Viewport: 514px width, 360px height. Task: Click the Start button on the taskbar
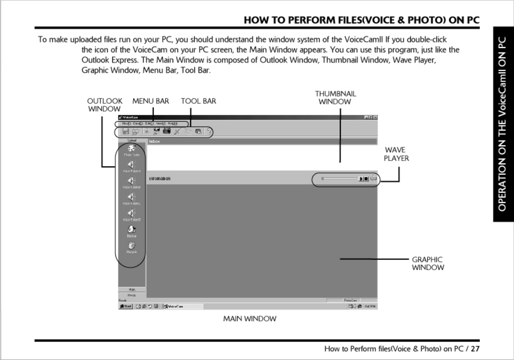click(x=126, y=306)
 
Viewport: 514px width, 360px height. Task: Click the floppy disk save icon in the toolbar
click(x=126, y=131)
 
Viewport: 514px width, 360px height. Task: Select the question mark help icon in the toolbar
click(x=209, y=131)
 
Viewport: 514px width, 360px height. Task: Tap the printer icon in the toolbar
click(x=136, y=131)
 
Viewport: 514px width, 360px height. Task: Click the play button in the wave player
click(x=361, y=179)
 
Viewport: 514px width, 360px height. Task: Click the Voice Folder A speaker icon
click(x=131, y=165)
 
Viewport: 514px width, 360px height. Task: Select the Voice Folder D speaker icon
click(x=131, y=213)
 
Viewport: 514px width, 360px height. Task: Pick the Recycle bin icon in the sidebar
click(x=131, y=246)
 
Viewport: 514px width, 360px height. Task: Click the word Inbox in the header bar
click(x=154, y=141)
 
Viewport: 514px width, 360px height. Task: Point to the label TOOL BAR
click(x=198, y=101)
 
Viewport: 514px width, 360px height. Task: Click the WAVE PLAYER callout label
click(x=396, y=154)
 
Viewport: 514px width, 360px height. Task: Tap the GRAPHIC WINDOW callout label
click(x=427, y=263)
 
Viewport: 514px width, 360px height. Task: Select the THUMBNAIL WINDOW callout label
click(x=335, y=98)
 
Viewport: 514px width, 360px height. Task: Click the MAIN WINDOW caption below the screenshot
click(x=250, y=319)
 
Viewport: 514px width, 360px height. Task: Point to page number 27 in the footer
click(x=475, y=349)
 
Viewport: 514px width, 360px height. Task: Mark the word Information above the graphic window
click(x=160, y=179)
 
